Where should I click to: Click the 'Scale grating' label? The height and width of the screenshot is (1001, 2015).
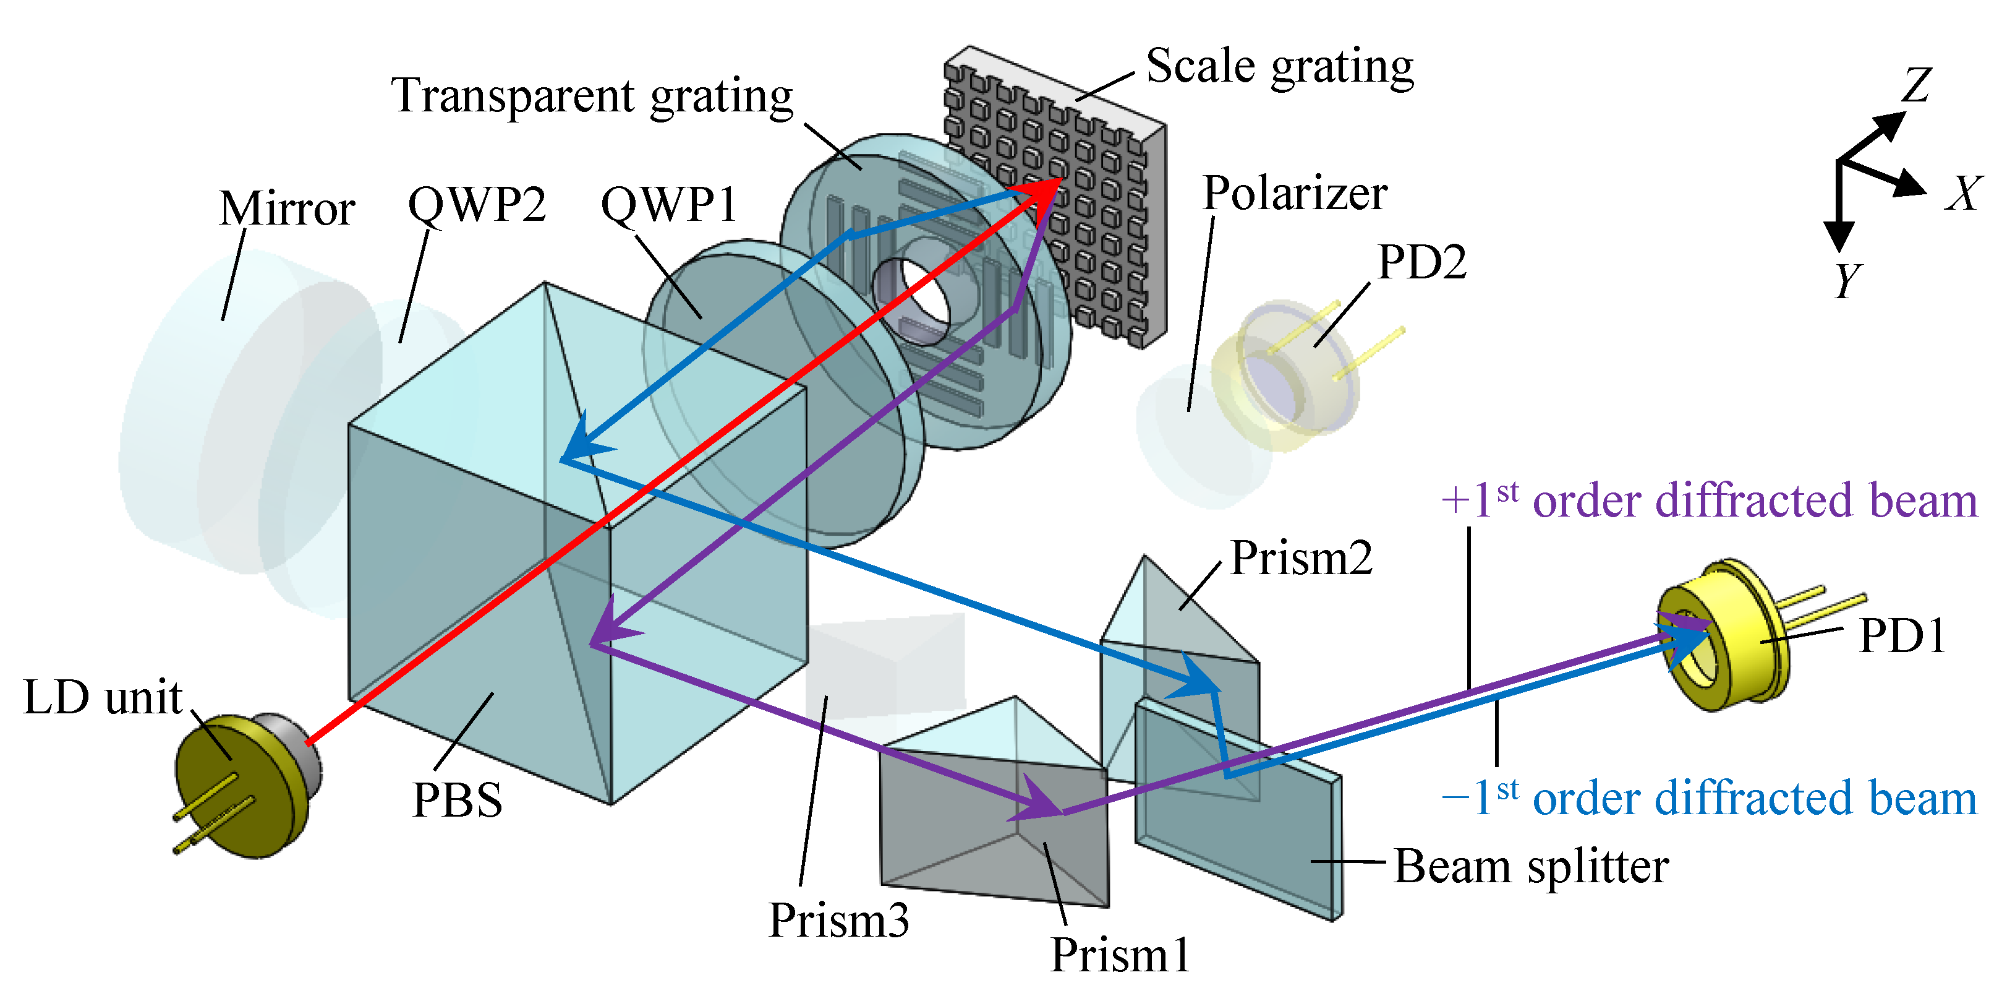coord(1280,67)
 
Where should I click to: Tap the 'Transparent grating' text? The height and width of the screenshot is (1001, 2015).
coord(592,97)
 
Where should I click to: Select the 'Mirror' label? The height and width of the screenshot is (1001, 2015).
coord(287,209)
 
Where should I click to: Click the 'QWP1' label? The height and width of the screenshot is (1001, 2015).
coord(669,206)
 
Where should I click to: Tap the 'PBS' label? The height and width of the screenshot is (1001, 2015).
coord(458,801)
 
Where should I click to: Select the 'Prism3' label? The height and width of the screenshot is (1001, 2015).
coord(838,921)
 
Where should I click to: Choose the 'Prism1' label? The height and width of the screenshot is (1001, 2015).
coord(1120,956)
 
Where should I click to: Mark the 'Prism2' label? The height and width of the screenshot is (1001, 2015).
coord(1301,559)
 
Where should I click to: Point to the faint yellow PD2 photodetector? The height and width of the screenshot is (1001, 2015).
coord(1283,376)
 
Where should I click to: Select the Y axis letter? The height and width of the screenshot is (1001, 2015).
coord(1847,280)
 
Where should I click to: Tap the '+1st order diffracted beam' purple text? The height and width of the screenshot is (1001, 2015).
coord(1709,501)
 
